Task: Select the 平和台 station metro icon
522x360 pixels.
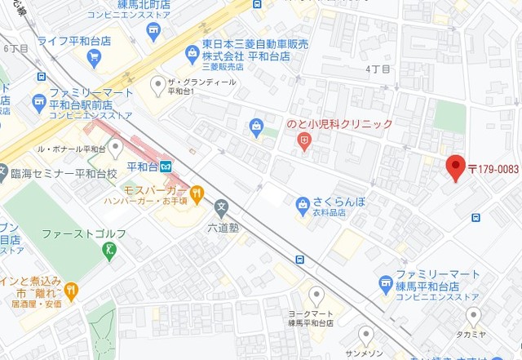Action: coord(166,166)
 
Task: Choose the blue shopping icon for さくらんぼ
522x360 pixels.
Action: coord(303,202)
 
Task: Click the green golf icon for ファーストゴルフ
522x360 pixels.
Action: coord(110,250)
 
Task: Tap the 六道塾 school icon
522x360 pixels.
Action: coord(220,209)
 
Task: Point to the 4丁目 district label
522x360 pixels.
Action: coord(378,69)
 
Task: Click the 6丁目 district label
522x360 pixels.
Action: coord(16,49)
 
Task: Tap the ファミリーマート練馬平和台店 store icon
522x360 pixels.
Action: coord(386,282)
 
